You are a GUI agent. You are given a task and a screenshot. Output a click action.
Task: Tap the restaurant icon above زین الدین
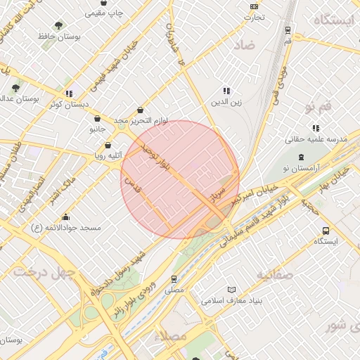(x=226, y=91)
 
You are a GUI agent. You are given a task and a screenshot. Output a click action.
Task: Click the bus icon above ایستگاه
(x=326, y=231)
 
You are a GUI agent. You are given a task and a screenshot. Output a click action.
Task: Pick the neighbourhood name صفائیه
(x=274, y=274)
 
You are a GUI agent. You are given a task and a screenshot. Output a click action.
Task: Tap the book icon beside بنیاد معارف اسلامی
(x=232, y=290)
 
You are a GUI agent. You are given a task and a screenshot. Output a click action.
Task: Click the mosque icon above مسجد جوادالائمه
(x=66, y=217)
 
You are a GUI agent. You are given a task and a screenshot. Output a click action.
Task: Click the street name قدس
(x=129, y=186)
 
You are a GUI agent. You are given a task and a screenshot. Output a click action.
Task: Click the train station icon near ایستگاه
(x=288, y=30)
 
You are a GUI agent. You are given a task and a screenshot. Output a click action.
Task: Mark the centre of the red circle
(x=180, y=179)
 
